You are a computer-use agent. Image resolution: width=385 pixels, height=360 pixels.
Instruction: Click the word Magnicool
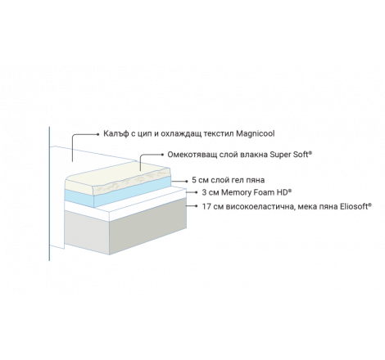(x=256, y=133)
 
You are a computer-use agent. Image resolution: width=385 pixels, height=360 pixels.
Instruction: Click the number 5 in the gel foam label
(x=194, y=180)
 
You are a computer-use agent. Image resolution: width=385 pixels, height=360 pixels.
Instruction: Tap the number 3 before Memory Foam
(x=204, y=192)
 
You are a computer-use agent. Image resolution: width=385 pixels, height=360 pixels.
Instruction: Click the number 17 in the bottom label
(x=206, y=206)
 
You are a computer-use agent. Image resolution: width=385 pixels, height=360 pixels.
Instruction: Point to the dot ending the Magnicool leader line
(x=98, y=134)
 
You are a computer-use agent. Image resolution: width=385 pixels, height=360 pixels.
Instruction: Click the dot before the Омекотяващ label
(x=163, y=155)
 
